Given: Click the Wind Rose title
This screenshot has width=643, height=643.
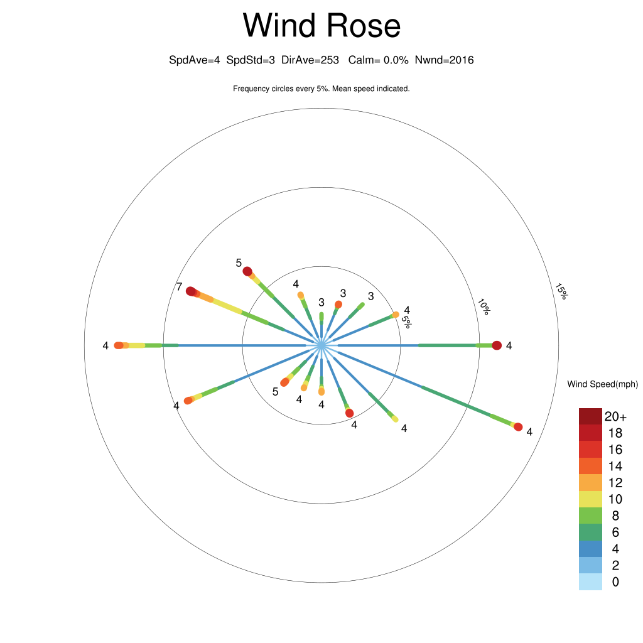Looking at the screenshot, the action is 321,25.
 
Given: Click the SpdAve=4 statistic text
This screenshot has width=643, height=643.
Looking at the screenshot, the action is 195,60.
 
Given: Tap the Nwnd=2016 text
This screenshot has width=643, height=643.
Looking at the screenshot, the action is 444,60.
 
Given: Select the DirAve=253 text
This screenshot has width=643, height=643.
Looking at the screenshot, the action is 310,60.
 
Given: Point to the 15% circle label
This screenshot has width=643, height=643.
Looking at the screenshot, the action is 561,291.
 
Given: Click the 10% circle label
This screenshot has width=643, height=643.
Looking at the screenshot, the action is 484,306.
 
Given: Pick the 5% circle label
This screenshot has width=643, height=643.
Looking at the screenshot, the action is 406,322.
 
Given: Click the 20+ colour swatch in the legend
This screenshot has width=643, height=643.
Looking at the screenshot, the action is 590,416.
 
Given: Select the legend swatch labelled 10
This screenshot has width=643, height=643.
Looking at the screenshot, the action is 590,499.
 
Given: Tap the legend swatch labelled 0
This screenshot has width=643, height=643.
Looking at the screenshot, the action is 590,582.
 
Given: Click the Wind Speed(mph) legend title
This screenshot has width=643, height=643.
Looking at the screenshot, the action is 602,384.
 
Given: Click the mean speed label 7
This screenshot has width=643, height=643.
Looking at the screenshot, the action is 179,286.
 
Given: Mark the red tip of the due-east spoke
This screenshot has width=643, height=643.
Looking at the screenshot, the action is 497,345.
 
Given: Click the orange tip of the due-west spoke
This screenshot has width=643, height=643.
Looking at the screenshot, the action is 119,345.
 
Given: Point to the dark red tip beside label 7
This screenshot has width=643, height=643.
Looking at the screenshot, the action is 191,291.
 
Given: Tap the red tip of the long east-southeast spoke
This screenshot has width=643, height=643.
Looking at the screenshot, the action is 518,427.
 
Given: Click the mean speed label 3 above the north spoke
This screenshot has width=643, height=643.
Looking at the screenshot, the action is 321,302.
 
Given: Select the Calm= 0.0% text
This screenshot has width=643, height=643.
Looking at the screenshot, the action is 378,60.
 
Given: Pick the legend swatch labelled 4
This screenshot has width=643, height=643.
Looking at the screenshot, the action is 590,549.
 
